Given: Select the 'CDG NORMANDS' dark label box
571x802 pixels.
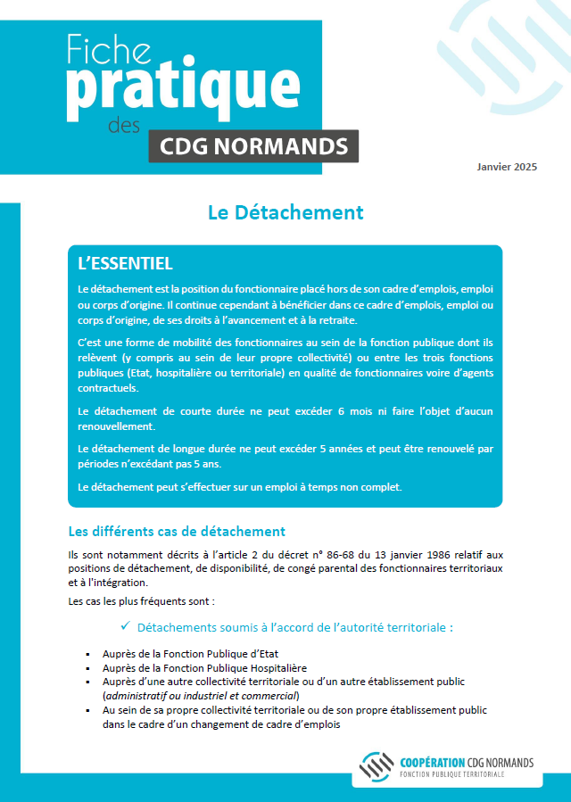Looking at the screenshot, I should click(x=253, y=145).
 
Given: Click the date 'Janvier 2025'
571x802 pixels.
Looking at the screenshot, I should click(x=507, y=168).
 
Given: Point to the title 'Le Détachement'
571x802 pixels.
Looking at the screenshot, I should click(x=285, y=212).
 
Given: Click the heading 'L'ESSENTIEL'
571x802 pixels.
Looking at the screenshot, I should click(x=126, y=264).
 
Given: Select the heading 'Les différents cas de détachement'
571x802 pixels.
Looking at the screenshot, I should click(x=177, y=532).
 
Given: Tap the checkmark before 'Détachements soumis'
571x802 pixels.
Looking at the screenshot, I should click(x=126, y=626).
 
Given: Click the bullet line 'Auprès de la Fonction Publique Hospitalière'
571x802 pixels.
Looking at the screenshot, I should click(x=204, y=667).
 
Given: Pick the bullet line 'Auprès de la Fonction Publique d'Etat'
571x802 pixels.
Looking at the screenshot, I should click(x=190, y=654).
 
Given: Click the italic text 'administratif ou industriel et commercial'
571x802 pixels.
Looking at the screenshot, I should click(x=201, y=695).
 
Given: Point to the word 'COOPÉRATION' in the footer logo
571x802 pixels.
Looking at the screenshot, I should click(x=434, y=763).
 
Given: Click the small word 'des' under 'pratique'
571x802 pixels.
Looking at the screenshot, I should click(x=124, y=126).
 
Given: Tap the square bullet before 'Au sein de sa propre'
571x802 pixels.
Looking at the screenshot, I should click(x=87, y=710).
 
